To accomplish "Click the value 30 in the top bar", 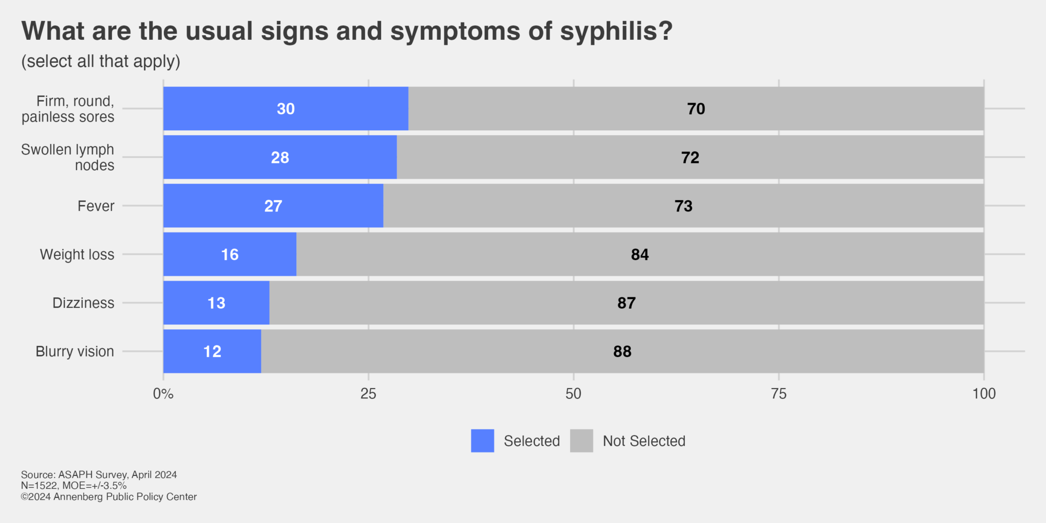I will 286,109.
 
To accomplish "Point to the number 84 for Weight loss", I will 639,254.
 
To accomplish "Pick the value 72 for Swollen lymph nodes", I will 690,157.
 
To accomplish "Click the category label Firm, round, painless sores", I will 68,109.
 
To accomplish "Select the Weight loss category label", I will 77,254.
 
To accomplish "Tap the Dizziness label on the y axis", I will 83,303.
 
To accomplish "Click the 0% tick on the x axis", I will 163,394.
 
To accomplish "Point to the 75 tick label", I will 778,394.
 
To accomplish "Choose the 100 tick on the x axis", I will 984,394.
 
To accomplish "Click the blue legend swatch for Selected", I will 482,441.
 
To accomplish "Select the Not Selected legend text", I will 644,441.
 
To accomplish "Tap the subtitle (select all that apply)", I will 101,61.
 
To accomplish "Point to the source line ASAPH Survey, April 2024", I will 99,474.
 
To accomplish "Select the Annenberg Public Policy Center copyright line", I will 109,497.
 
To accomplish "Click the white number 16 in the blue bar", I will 229,254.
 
